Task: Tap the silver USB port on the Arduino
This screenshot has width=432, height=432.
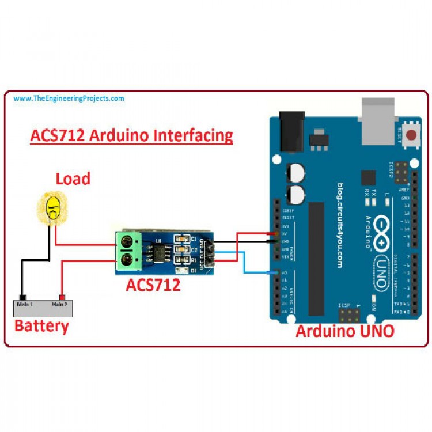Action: [377, 112]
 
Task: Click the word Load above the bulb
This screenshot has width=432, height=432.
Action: [73, 179]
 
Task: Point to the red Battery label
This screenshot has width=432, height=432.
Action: [41, 325]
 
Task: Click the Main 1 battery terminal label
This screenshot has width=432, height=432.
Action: [24, 304]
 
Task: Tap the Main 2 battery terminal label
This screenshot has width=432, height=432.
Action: [59, 304]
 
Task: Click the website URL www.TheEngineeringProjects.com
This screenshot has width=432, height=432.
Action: [69, 98]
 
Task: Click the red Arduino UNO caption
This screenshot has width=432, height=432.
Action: [344, 331]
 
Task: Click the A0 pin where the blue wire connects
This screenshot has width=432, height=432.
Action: [279, 272]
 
